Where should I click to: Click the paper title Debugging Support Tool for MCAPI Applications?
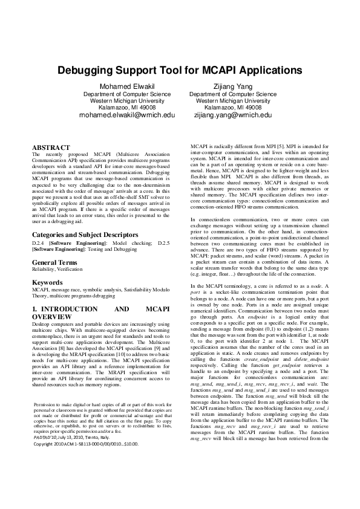click(180, 70)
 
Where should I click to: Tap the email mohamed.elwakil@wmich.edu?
click(126, 115)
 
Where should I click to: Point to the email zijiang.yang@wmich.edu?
click(232, 115)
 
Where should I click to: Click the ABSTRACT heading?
click(51, 148)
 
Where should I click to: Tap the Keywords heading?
click(47, 282)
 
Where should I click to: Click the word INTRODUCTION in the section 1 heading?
click(75, 309)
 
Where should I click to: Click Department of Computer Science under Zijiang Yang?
click(233, 94)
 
